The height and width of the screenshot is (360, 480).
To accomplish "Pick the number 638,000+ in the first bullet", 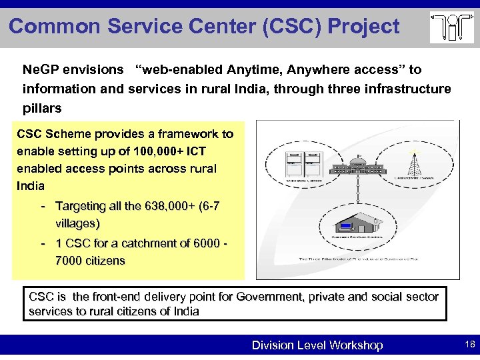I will pos(169,207).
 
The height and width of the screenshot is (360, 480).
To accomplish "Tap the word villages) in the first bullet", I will pos(77,223).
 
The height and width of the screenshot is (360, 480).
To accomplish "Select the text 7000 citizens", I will pos(90,261).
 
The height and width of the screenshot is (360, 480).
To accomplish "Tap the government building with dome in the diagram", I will pos(358,171).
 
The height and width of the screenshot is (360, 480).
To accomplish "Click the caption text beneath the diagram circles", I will pos(357,257).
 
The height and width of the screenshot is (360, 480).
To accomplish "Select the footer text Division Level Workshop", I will pos(317,345).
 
